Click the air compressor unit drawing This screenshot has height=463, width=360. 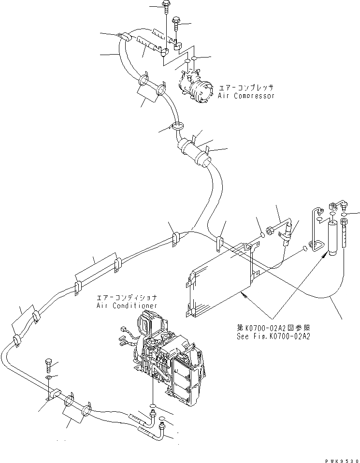pos(196,87)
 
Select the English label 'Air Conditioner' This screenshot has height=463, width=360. pos(127,305)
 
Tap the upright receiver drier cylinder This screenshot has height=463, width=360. pos(332,237)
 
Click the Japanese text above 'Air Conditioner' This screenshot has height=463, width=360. pos(127,298)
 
